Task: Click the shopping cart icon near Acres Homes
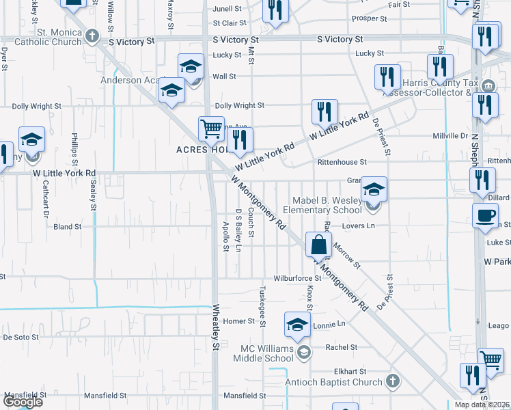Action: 211,128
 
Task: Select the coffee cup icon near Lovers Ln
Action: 486,215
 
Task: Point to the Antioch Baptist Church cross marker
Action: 393,381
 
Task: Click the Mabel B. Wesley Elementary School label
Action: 327,206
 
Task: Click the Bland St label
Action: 68,226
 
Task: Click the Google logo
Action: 23,402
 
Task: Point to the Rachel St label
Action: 342,347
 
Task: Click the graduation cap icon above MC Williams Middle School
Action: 297,326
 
